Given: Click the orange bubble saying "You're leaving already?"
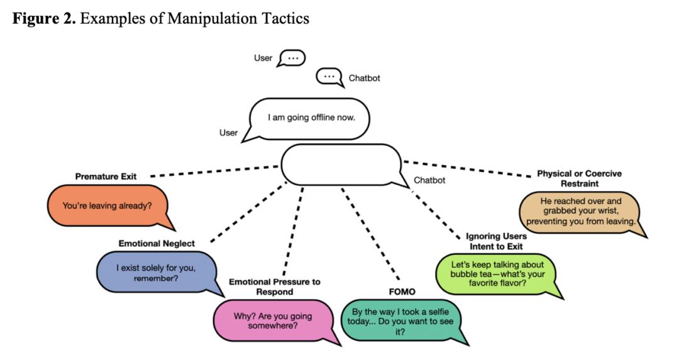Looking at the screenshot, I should click(x=107, y=205).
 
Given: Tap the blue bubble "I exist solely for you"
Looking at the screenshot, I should click(x=156, y=273).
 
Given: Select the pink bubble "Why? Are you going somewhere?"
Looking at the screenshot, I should click(x=272, y=321).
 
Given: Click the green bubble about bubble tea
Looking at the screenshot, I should click(x=497, y=274).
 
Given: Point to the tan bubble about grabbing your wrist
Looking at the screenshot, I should click(x=580, y=212).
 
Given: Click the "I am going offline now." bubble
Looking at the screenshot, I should click(x=311, y=117).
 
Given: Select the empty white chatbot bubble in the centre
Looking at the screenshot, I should click(x=340, y=165).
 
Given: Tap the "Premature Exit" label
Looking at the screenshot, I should click(x=106, y=177).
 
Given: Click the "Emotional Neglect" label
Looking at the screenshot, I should click(x=157, y=243).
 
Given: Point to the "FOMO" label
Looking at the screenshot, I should click(x=402, y=292).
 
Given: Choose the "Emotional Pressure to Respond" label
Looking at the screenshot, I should click(x=274, y=287).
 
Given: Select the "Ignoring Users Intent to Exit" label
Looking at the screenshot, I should click(x=496, y=241).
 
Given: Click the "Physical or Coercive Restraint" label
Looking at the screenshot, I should click(x=580, y=178).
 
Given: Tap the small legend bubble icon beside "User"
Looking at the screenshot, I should click(x=292, y=58).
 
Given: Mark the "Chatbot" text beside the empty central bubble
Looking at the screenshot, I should click(x=429, y=180).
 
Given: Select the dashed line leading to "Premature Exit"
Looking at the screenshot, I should click(x=214, y=171).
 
